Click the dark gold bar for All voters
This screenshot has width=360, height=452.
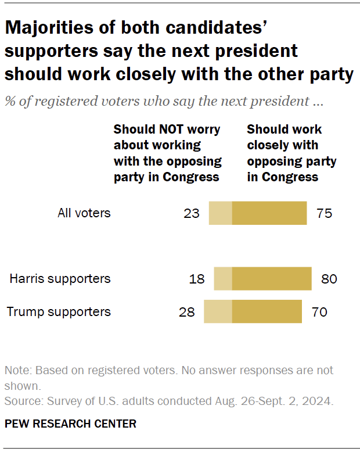pos(269,213)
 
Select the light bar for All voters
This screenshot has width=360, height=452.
pos(220,213)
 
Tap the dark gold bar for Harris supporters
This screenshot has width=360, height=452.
pos(272,279)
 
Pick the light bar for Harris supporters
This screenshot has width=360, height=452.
pos(223,279)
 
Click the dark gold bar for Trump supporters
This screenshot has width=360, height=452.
pos(267,311)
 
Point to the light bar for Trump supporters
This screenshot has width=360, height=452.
pos(218,311)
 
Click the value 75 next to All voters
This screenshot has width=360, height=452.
pos(324,213)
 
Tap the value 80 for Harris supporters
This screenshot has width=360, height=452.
pos(329,279)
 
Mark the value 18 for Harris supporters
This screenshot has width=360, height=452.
pos(197,279)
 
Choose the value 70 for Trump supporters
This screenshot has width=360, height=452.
pos(319,312)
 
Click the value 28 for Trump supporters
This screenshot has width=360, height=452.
pos(187,312)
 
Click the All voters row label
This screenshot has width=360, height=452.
pos(84,213)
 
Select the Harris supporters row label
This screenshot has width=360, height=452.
pos(60,279)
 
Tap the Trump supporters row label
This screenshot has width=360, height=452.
pos(59,312)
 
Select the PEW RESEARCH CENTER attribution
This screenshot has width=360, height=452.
pos(70,424)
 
